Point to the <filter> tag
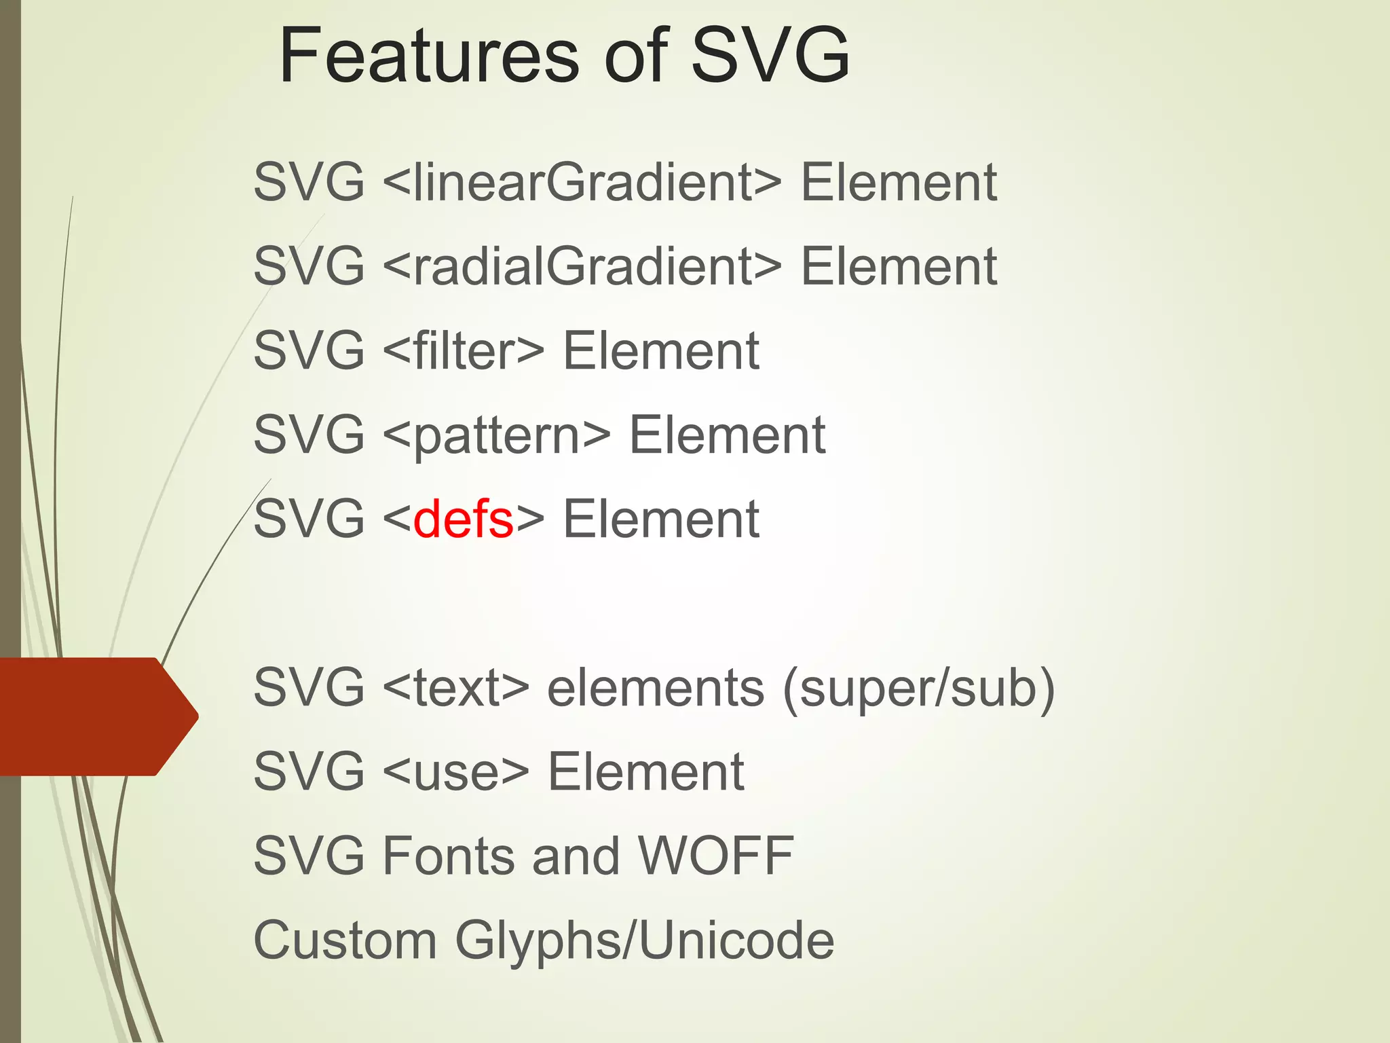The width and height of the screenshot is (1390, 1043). pos(464,350)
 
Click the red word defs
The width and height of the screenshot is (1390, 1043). pos(463,519)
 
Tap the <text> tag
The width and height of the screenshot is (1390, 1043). pos(455,687)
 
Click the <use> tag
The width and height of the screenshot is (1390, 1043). pos(455,771)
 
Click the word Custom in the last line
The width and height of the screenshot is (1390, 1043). pos(345,940)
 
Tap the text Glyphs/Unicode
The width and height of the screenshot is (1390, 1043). pos(644,941)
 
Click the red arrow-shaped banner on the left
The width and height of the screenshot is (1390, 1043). pos(95,716)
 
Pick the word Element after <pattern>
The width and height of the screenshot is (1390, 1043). pos(727,435)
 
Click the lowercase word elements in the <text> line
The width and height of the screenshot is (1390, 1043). pos(656,687)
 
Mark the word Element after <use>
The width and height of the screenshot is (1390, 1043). pos(645,771)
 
